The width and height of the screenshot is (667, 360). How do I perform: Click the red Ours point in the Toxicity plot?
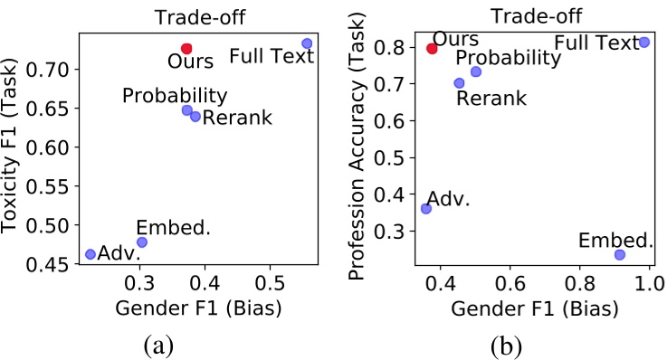(186, 48)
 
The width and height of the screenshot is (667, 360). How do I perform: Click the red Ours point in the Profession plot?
(433, 48)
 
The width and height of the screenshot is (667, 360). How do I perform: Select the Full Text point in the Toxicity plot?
(307, 43)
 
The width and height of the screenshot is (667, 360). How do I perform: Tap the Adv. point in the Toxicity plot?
(91, 254)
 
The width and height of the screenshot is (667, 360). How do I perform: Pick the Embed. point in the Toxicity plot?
(141, 242)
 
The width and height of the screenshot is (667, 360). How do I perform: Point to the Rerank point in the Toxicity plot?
(195, 116)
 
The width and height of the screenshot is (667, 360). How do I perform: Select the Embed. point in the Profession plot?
(619, 255)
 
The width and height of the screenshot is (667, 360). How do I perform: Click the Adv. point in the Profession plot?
(426, 209)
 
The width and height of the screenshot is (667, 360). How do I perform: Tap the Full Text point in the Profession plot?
(643, 43)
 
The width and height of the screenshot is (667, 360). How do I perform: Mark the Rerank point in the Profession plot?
(459, 83)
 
